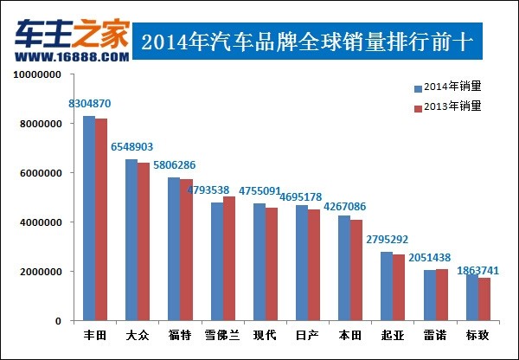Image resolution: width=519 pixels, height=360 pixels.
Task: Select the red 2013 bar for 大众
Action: click(144, 241)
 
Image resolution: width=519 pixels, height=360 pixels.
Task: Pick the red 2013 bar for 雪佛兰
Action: click(228, 259)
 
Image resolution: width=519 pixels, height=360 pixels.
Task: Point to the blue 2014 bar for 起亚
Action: click(386, 286)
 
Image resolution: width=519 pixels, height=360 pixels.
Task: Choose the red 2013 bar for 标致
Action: click(484, 299)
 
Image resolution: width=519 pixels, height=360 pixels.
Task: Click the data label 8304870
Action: click(90, 104)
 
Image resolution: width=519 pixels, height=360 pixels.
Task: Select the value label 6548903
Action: click(132, 147)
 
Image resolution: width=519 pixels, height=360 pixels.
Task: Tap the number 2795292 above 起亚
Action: click(387, 240)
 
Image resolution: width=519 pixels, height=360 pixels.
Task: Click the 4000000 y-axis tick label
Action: click(40, 222)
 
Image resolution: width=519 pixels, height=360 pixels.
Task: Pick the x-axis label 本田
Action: click(349, 334)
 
